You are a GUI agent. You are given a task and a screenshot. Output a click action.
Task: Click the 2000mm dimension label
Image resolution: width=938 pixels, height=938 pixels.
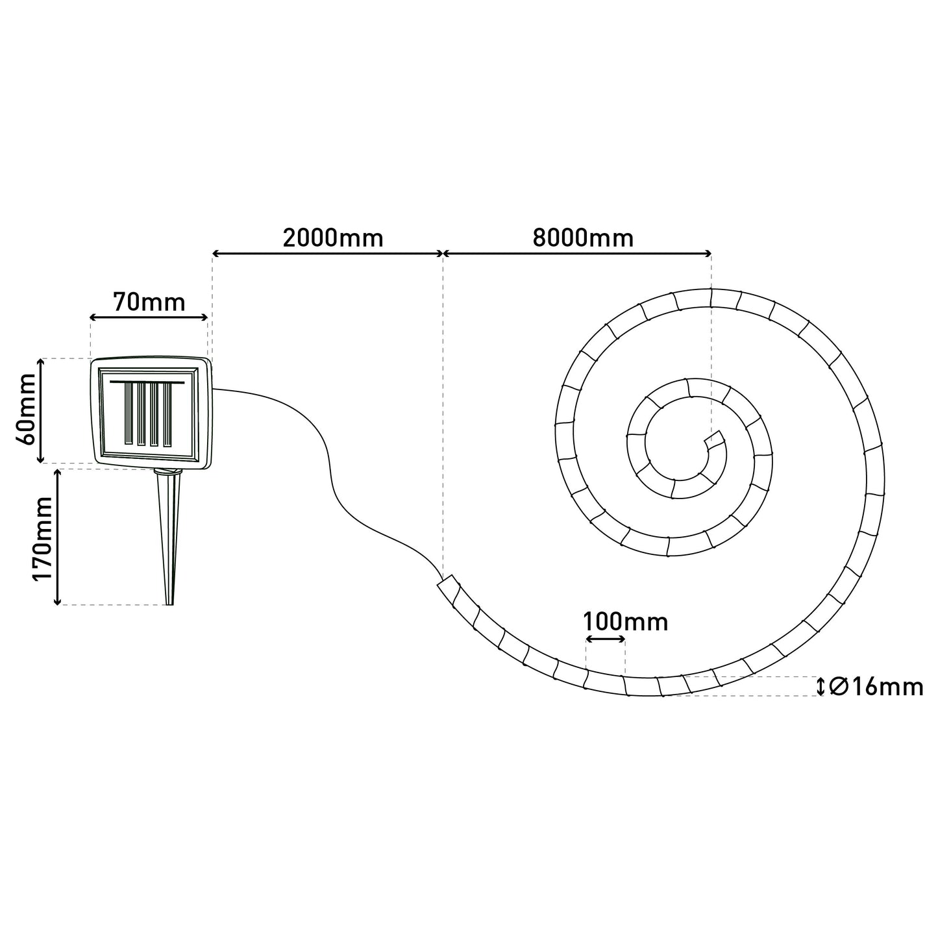[333, 238]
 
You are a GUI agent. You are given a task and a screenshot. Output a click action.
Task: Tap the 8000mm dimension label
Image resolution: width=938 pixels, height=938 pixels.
[583, 238]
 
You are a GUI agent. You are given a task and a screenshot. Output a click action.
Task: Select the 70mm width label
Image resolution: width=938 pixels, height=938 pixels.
[149, 302]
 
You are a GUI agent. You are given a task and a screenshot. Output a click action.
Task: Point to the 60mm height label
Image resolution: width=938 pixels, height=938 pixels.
[26, 410]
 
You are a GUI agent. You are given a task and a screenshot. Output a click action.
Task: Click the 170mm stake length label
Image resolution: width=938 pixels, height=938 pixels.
[42, 539]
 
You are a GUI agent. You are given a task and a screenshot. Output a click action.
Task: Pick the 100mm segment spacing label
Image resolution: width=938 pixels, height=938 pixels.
[626, 622]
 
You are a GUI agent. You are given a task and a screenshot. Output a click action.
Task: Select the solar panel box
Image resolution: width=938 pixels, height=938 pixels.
[151, 413]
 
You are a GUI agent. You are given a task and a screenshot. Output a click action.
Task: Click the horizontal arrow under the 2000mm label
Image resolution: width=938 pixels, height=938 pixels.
[328, 254]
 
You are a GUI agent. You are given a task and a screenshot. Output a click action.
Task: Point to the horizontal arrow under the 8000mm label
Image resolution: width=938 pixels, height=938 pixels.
[577, 254]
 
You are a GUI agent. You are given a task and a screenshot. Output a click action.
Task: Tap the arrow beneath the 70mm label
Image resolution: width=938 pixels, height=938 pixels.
[149, 318]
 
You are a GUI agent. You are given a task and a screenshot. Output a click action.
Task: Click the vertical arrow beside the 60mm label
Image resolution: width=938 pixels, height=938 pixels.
[42, 411]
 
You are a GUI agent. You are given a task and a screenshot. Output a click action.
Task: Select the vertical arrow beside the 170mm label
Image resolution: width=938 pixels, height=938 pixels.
[57, 537]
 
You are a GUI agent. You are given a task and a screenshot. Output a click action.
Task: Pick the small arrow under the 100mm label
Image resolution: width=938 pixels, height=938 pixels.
[606, 639]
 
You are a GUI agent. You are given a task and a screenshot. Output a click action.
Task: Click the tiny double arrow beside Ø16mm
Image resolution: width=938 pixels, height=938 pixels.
[821, 686]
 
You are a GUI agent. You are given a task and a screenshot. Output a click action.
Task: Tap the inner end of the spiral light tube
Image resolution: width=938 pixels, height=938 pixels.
[714, 439]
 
